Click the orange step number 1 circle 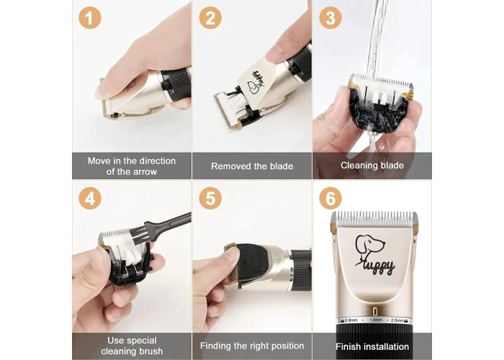pos(90,18)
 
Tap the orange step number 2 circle pos(210,18)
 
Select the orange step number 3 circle pos(330,18)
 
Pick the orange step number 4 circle pos(90,198)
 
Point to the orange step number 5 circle pos(210,198)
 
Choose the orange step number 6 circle pos(330,198)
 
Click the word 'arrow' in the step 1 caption pos(145,171)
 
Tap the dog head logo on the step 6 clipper pos(369,246)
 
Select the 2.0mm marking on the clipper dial pos(397,320)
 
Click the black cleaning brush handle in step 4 pos(168,225)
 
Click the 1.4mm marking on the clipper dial pos(376,320)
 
